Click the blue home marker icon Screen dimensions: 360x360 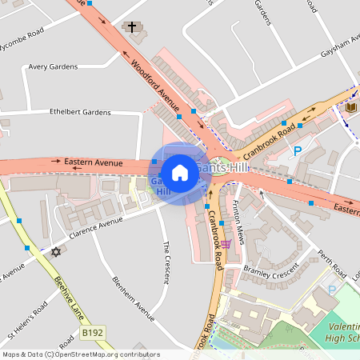(x=180, y=173)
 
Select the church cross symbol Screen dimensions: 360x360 (x=132, y=28)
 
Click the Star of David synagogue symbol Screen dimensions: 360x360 (x=55, y=252)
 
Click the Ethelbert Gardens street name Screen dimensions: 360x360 (x=79, y=112)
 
